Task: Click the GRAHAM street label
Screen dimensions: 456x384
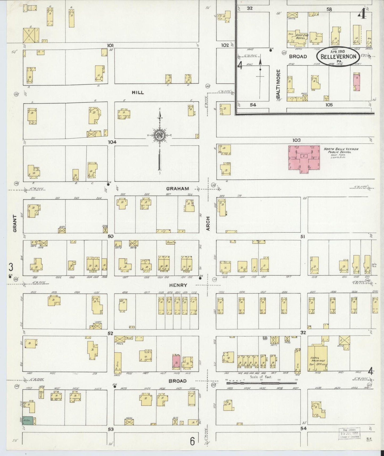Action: point(178,189)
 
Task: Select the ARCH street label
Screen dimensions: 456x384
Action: point(208,223)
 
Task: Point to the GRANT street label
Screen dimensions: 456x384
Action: point(15,224)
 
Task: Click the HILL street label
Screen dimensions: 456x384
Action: point(138,93)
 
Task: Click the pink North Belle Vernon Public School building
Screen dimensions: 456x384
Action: point(304,159)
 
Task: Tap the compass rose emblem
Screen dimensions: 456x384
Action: point(160,135)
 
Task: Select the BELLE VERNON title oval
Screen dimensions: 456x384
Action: point(338,56)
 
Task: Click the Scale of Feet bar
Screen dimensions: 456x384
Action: point(261,383)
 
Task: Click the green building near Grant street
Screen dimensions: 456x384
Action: point(27,420)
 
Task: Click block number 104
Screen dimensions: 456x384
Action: point(112,142)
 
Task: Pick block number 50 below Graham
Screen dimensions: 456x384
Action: point(111,236)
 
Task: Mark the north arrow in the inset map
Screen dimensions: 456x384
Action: point(260,70)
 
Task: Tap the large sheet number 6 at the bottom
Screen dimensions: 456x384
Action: point(192,441)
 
